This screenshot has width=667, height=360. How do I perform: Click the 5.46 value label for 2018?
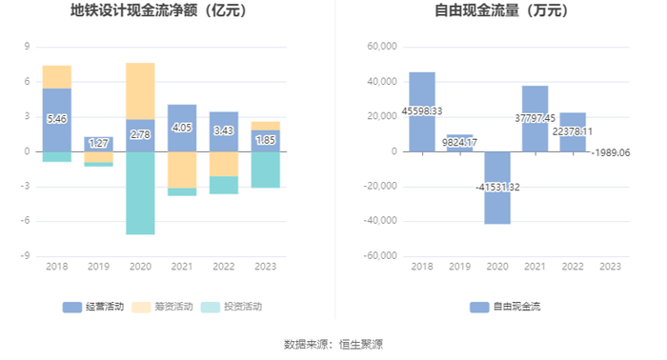click(x=56, y=119)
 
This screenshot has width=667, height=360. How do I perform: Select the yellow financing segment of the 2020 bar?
click(x=140, y=91)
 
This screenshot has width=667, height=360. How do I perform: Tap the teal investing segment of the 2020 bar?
click(x=140, y=193)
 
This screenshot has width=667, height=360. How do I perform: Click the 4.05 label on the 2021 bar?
click(x=182, y=128)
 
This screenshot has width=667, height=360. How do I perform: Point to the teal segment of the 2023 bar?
click(x=266, y=170)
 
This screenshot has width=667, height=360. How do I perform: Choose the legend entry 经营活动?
click(x=93, y=307)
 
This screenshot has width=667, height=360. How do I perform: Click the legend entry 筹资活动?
click(x=162, y=307)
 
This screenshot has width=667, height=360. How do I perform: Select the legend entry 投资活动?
click(x=232, y=307)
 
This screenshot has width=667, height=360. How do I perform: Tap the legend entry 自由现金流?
click(x=505, y=307)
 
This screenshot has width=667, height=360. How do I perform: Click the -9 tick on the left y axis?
click(x=26, y=256)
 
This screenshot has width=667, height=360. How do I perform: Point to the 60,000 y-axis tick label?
click(x=382, y=47)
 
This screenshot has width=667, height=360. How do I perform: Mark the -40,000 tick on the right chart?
click(x=380, y=221)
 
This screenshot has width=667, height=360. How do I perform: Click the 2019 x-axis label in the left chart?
click(x=98, y=267)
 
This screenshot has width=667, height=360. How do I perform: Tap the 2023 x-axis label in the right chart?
click(x=611, y=267)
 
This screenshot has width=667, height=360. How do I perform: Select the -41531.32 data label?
click(x=497, y=188)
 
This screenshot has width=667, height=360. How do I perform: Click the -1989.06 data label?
click(x=611, y=153)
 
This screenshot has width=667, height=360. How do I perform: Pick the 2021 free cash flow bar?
click(x=536, y=119)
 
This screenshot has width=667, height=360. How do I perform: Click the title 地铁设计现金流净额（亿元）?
click(x=159, y=10)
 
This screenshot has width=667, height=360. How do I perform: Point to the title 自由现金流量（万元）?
click(x=501, y=10)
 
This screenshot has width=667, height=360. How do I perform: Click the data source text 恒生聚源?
click(x=361, y=344)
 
